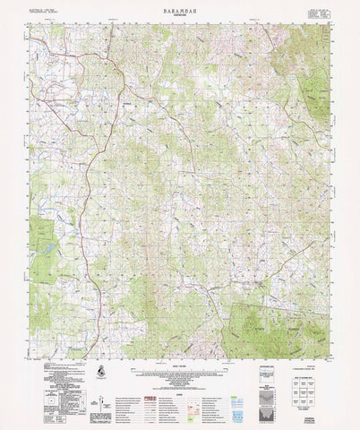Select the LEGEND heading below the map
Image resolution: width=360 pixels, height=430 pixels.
(x=179, y=377)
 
